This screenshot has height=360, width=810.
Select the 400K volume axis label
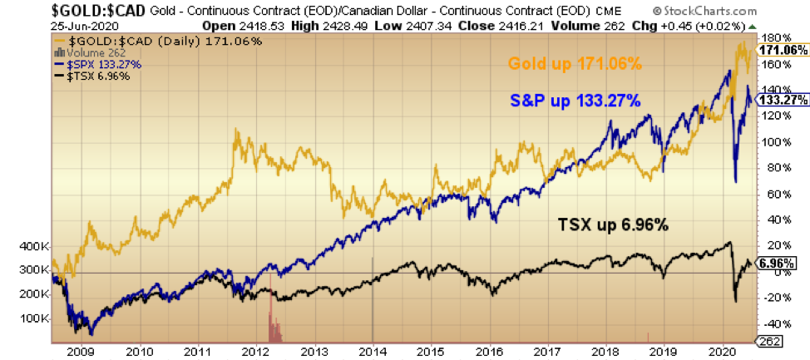coord(32,247)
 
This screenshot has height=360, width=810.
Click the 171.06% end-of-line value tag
coord(783,51)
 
